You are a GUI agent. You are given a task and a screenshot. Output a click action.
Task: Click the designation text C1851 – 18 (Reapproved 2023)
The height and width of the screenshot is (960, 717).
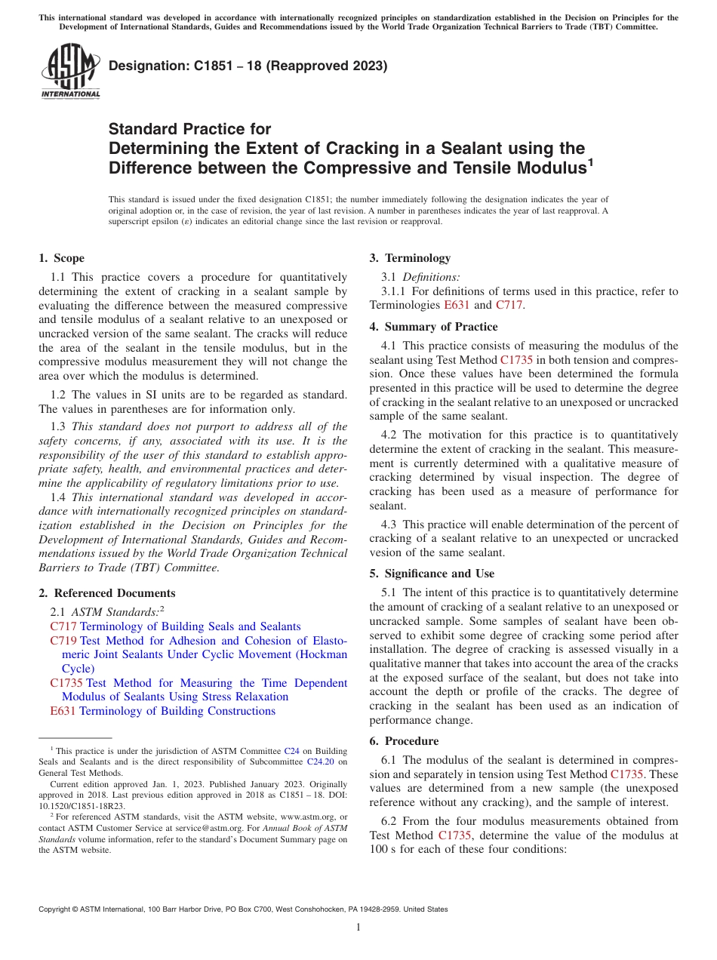coord(248,66)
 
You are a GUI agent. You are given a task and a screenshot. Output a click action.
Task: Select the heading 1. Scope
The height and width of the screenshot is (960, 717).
coord(61,258)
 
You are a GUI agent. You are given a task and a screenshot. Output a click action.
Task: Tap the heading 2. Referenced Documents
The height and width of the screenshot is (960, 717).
coord(106,593)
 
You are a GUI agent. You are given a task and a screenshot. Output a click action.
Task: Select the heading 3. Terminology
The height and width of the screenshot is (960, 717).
coord(410,258)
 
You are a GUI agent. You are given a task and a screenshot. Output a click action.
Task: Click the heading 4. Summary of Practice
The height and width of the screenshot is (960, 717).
coord(433,327)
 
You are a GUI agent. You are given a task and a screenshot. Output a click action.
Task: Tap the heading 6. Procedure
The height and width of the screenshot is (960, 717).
coord(404,741)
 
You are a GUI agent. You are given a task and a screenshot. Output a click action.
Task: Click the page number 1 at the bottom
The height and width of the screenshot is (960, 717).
coord(358,928)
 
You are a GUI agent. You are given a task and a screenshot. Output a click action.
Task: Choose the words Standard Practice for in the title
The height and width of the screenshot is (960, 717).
coord(189,129)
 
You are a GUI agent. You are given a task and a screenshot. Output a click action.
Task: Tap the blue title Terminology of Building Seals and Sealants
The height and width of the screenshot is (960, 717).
coord(190,626)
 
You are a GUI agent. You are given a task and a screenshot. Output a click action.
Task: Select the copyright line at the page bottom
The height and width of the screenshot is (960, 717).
coord(243,909)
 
